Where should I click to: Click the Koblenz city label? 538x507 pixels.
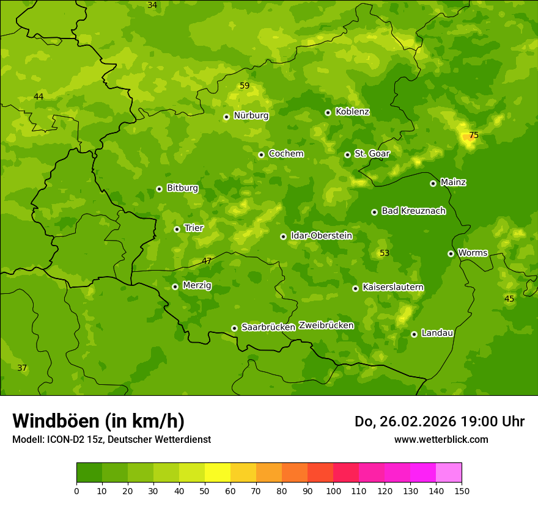point(352,112)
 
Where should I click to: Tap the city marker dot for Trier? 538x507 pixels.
point(177,229)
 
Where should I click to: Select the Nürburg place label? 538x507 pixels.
point(251,115)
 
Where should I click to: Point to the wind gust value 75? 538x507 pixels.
point(474,135)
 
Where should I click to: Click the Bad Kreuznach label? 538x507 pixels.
point(413,211)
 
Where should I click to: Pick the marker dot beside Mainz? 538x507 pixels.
point(433,183)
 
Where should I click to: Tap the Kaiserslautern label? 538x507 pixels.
point(393,287)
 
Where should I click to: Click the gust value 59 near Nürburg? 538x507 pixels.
point(245,86)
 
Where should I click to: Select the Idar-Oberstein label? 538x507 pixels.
point(322,235)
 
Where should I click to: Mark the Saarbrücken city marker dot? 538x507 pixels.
point(234,328)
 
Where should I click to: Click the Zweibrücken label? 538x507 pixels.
point(326,326)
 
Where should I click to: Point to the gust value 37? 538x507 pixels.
point(22,368)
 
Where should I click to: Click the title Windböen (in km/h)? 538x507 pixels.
point(98,421)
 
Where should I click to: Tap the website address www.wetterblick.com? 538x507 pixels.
point(441,439)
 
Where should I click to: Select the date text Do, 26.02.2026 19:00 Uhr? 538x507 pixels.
point(439,421)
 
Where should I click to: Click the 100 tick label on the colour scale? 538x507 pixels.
point(333,491)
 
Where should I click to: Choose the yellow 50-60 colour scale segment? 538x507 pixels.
point(218,473)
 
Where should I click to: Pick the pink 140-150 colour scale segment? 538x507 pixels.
point(449,473)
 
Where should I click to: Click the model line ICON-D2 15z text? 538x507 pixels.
point(111,439)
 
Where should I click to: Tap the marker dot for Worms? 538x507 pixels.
point(451,253)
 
